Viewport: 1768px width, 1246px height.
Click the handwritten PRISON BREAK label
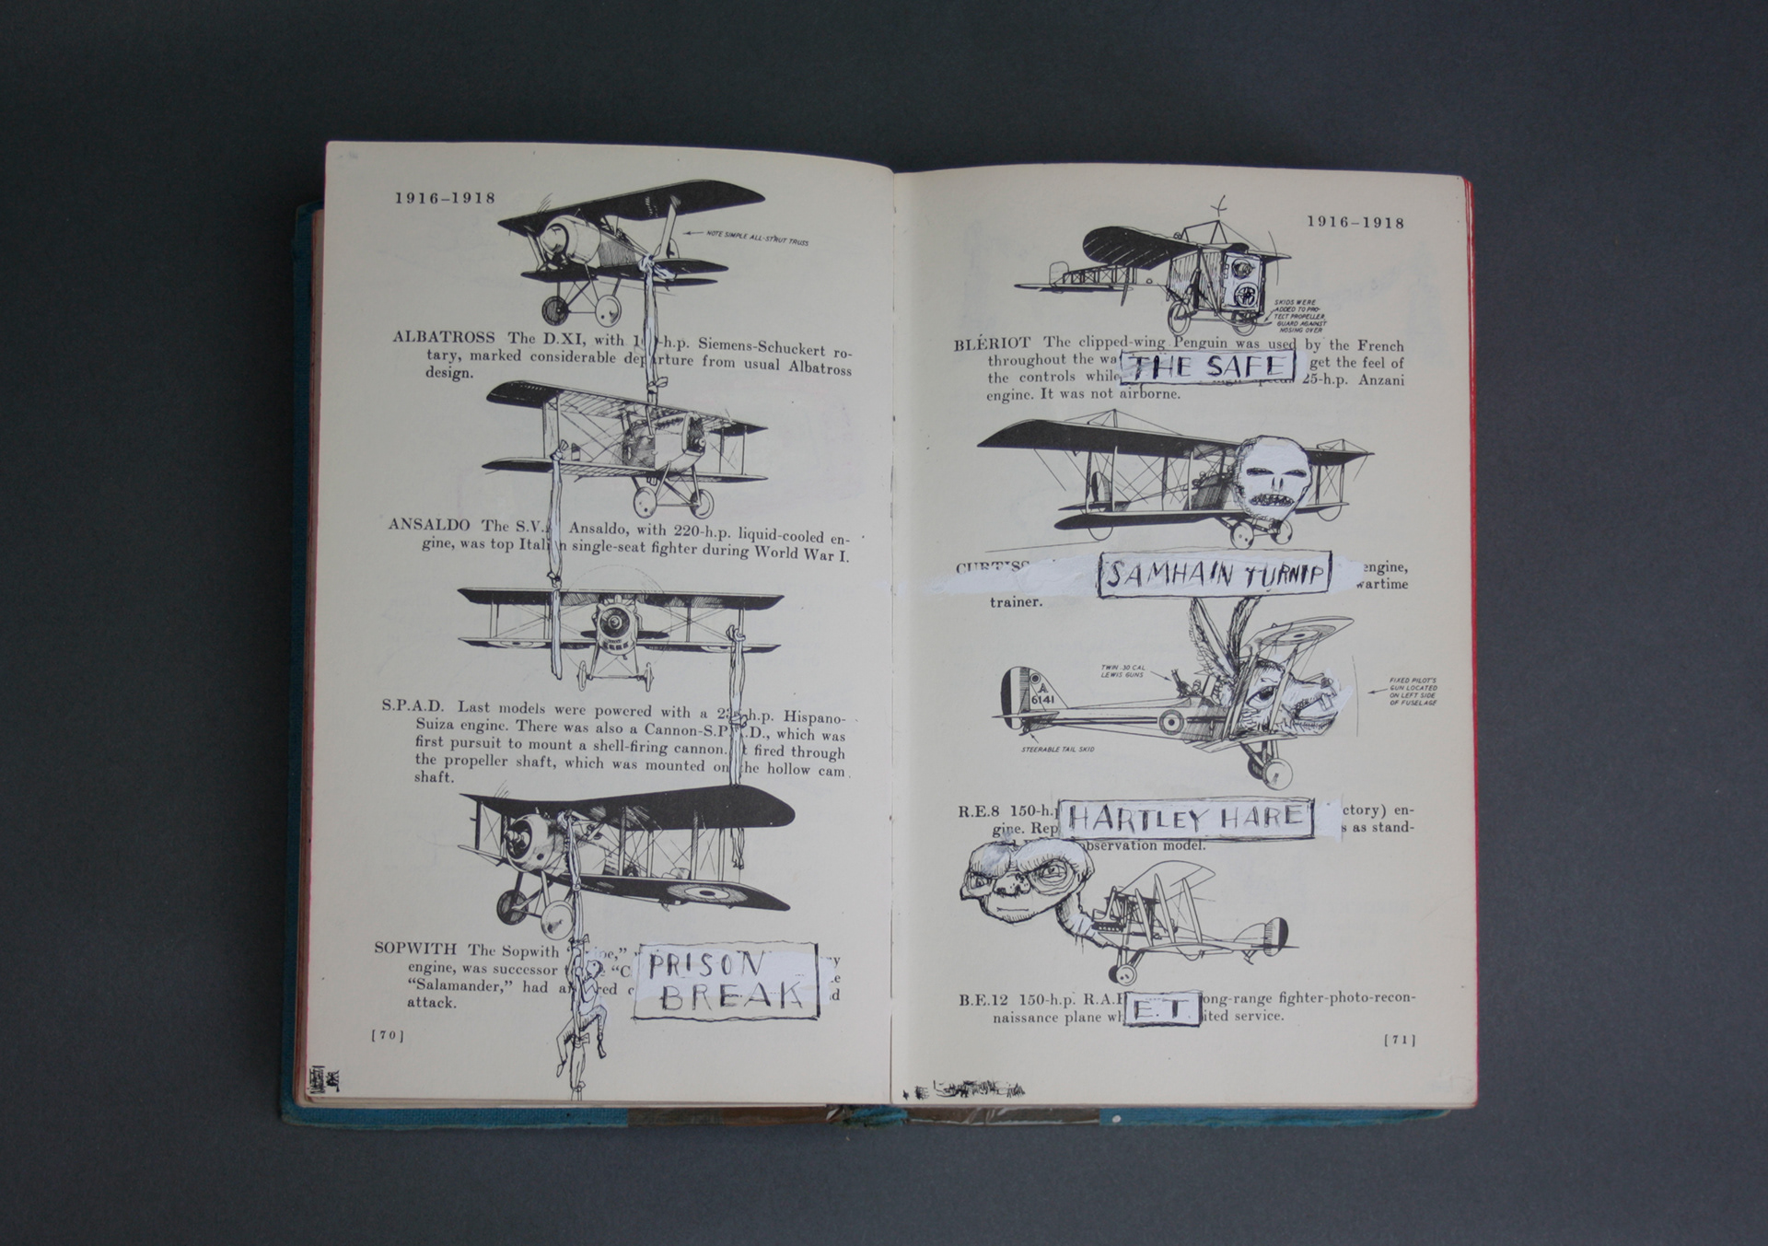tap(727, 980)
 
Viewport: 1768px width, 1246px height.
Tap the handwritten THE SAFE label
tap(1207, 367)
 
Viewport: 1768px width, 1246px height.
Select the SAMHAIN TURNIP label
tap(1215, 576)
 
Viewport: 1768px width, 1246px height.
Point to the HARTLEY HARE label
tap(1187, 818)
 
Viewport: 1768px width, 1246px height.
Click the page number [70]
tap(388, 1035)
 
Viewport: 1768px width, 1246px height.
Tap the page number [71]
tap(1400, 1040)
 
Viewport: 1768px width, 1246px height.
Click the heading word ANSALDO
tap(429, 525)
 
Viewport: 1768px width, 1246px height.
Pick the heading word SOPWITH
tap(416, 949)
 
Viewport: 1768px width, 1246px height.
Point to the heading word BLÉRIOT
tap(992, 345)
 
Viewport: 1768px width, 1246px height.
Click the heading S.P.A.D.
tap(413, 706)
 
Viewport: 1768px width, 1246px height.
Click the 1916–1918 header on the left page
tap(445, 198)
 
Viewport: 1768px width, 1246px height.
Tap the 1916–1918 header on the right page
tap(1355, 222)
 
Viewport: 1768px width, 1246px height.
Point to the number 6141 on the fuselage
tap(1043, 699)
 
